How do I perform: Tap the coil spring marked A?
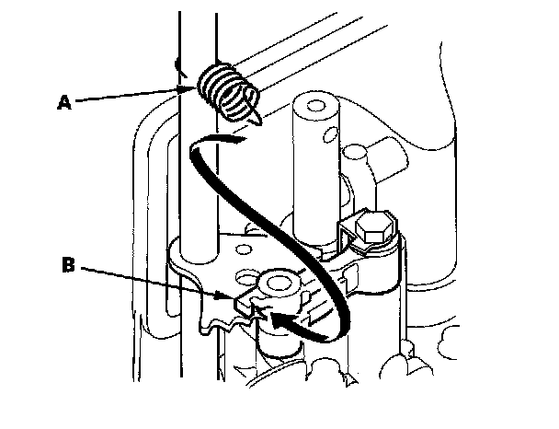pyautogui.click(x=226, y=90)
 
